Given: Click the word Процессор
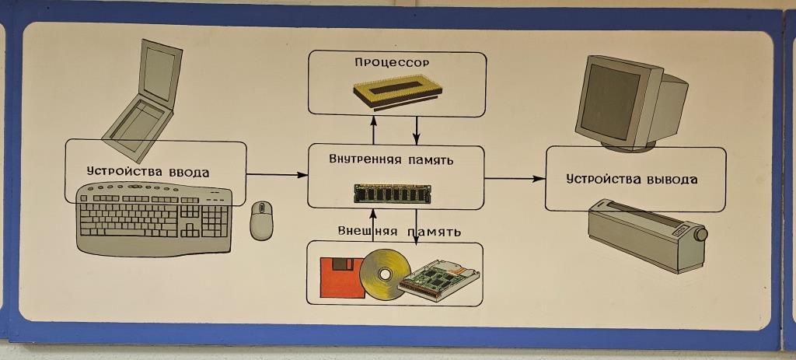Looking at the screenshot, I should pyautogui.click(x=392, y=61).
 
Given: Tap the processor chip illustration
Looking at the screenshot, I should pyautogui.click(x=397, y=92).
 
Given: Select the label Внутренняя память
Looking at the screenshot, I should pyautogui.click(x=392, y=160).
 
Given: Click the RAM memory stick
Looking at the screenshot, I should pyautogui.click(x=392, y=192).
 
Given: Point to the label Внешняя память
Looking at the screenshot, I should pyautogui.click(x=400, y=231).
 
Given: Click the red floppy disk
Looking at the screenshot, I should pyautogui.click(x=339, y=278).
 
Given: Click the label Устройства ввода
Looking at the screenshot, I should pyautogui.click(x=148, y=171).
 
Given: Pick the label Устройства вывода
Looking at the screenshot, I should pyautogui.click(x=631, y=179).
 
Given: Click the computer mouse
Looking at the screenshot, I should pyautogui.click(x=261, y=220).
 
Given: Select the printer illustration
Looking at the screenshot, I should pyautogui.click(x=644, y=234).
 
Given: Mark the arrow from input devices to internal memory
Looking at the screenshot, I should pyautogui.click(x=277, y=175).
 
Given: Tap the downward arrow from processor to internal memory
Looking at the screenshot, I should pyautogui.click(x=417, y=128).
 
